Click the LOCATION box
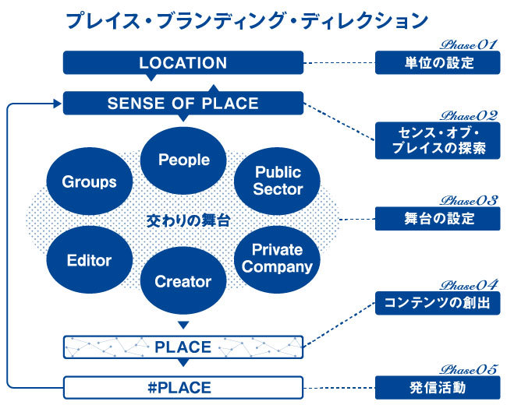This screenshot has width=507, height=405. (183, 63)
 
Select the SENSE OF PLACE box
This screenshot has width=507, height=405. (183, 103)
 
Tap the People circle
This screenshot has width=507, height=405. (184, 160)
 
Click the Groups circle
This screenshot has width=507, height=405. (90, 181)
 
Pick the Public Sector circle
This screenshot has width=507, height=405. (278, 180)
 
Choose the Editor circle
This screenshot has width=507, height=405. (90, 261)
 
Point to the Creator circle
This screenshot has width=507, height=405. (184, 281)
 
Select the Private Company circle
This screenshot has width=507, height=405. (277, 258)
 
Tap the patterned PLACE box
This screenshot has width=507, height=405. (183, 346)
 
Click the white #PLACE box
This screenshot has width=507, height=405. (183, 386)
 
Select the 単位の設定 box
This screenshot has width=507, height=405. (436, 63)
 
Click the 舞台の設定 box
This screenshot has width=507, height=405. (436, 219)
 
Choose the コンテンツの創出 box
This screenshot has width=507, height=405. (436, 303)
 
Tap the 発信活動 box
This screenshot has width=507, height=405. (436, 386)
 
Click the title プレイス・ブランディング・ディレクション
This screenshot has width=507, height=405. (246, 20)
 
